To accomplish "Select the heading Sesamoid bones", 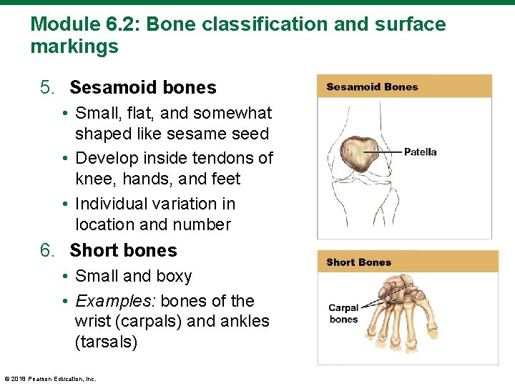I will point(142,88).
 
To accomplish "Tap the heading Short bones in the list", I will point(123,251).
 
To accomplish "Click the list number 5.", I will point(47,88).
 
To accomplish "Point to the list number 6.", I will point(47,251).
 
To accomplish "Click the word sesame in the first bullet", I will point(202,134).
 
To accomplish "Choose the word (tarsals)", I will point(106,342).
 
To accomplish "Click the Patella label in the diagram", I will point(420,152).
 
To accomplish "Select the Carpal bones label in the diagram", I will point(343,314).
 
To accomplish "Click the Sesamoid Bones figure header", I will point(372,87).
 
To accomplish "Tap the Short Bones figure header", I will point(358,262).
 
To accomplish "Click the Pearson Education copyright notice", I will point(50,378).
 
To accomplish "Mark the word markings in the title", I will point(74,48).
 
